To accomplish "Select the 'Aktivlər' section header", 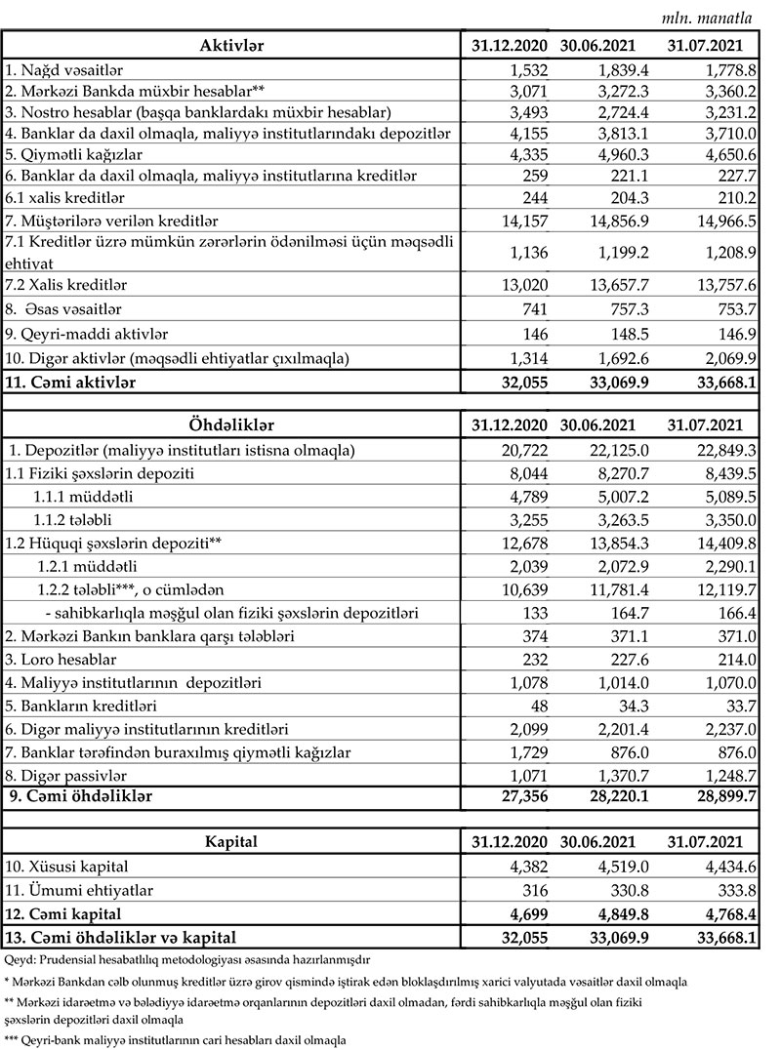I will click(231, 46).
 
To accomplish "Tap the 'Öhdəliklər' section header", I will click(231, 424).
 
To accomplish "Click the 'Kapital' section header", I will click(231, 840).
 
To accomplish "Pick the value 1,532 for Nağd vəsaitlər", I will click(525, 70).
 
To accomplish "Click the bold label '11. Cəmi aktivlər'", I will click(70, 384).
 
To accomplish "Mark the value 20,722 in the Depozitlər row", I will click(521, 450).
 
